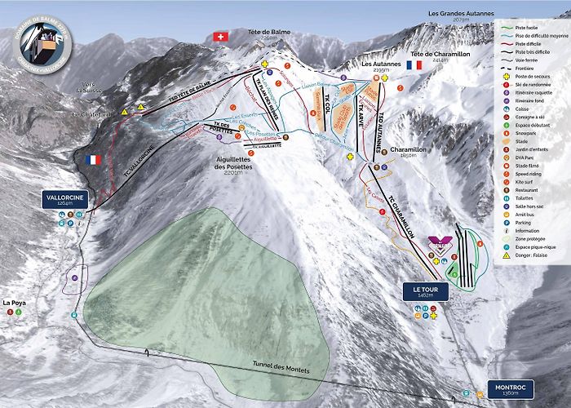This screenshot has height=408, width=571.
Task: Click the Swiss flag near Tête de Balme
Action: coord(219,37)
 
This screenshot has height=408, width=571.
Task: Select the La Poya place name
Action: coord(14,303)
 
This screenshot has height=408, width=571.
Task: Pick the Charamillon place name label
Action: coord(404,150)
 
